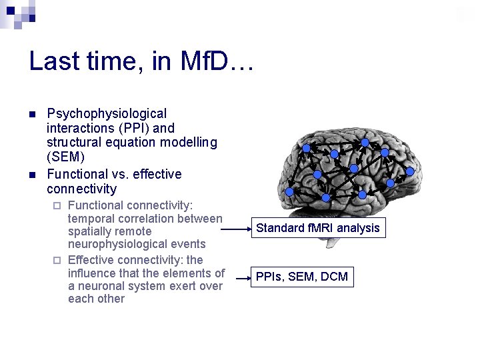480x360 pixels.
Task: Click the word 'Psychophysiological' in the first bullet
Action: [x=107, y=114]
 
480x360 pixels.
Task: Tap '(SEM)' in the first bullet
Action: [x=65, y=157]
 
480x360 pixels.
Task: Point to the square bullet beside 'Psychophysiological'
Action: [x=31, y=114]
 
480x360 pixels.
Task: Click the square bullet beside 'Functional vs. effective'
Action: [x=31, y=175]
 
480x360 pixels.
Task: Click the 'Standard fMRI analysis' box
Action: [x=318, y=228]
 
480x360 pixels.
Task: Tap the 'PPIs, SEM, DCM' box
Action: [x=302, y=276]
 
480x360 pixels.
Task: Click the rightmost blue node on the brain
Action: [x=409, y=171]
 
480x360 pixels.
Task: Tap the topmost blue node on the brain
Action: [x=365, y=142]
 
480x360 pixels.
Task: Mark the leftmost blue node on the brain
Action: [x=289, y=191]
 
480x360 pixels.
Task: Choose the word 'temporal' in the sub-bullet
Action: [x=91, y=219]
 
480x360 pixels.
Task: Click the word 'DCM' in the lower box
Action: [x=334, y=276]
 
